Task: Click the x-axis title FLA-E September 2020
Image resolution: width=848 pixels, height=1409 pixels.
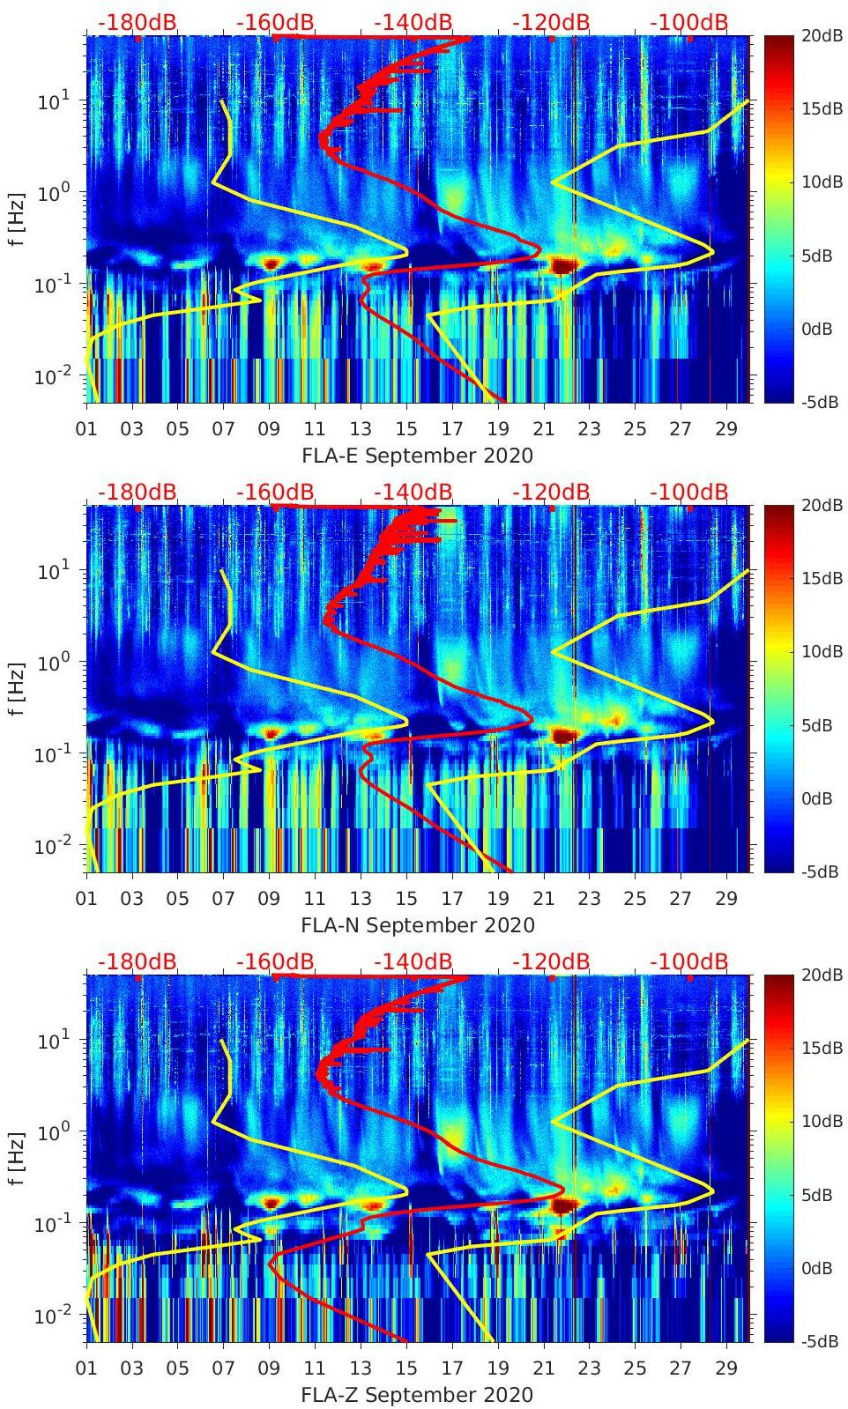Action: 417,456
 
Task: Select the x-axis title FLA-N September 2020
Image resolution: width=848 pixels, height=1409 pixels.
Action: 417,925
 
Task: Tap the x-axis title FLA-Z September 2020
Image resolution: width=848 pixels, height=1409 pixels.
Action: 417,1395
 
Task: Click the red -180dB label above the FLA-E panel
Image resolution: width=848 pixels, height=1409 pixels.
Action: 137,22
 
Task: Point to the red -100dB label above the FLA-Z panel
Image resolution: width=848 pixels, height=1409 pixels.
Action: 688,961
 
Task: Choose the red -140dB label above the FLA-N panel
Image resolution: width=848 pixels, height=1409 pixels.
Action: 413,492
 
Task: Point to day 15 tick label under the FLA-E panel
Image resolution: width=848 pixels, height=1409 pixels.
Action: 406,429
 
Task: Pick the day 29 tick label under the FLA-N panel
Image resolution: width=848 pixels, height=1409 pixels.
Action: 726,899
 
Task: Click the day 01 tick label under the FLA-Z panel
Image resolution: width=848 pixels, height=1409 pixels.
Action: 86,1368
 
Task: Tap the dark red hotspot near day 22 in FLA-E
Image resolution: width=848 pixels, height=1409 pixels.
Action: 563,264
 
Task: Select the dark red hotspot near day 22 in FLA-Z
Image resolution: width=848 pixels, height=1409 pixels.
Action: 563,1204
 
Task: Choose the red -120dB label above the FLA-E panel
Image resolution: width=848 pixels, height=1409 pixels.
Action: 551,22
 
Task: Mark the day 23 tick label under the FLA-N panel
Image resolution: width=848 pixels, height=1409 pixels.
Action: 589,899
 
